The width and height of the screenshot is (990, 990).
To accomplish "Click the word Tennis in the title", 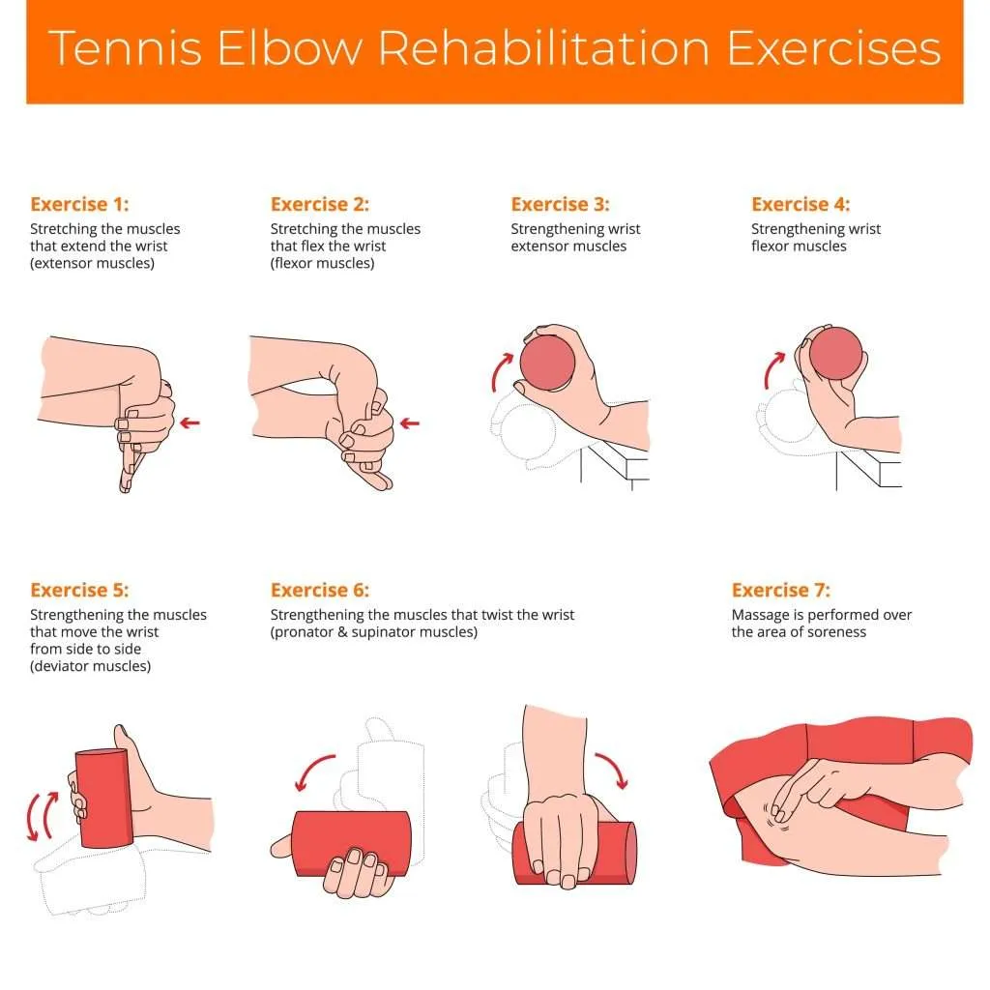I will click(x=123, y=49).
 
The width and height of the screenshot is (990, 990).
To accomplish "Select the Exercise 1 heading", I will click(x=79, y=204).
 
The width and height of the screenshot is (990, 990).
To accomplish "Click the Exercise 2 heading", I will click(x=320, y=204).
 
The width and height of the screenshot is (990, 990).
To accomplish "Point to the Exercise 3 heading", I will click(x=560, y=204).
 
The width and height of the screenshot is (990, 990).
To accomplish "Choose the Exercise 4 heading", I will click(x=801, y=204).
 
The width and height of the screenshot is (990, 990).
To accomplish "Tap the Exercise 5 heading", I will click(x=79, y=590).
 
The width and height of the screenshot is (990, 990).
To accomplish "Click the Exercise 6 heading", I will click(x=320, y=590).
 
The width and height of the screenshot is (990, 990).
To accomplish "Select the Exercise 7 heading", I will click(x=780, y=590).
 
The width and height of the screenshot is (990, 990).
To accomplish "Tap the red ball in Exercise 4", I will click(x=834, y=354).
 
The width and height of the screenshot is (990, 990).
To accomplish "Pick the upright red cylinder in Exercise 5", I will click(x=102, y=798).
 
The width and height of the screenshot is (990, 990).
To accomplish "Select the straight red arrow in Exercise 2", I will click(x=410, y=422).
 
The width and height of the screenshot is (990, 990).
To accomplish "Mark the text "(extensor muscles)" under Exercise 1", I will click(x=92, y=264).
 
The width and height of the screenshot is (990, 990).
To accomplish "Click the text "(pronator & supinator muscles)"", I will click(x=373, y=632).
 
